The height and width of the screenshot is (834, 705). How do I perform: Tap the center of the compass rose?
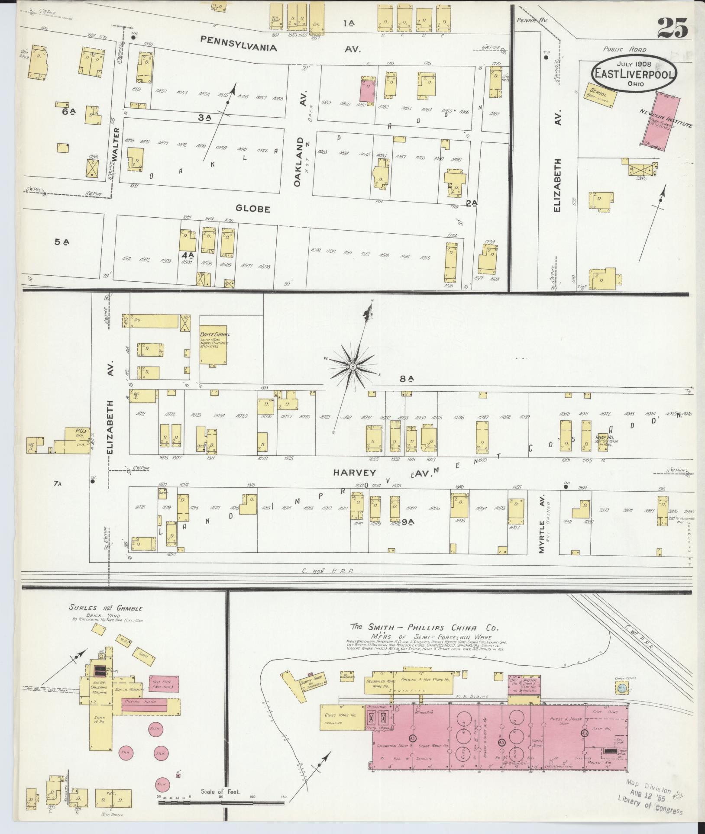(x=353, y=367)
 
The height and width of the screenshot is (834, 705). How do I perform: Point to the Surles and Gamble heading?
(x=106, y=608)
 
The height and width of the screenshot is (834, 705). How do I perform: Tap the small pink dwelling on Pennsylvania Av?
(x=369, y=90)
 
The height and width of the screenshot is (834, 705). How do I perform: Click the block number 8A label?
(x=407, y=379)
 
